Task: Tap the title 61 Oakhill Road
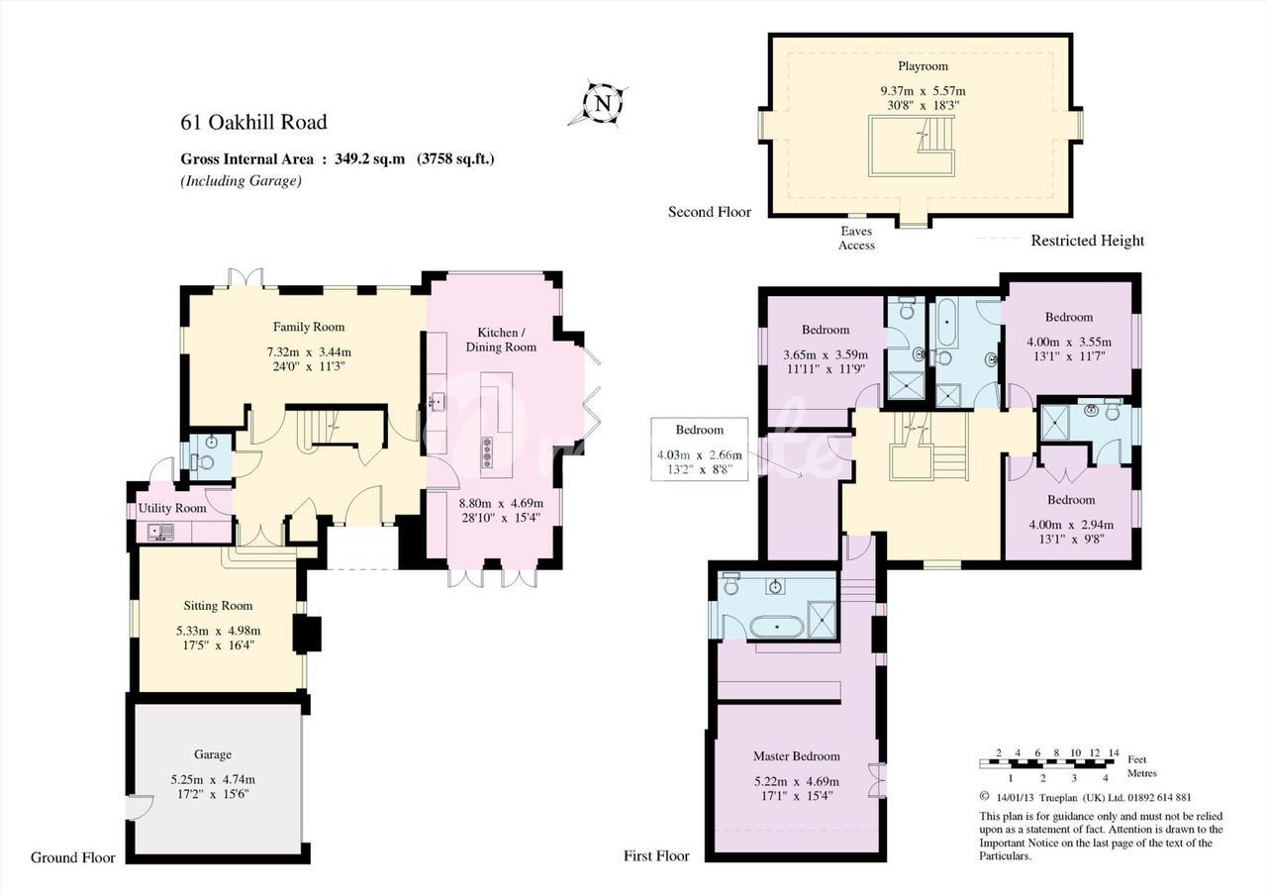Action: click(x=254, y=122)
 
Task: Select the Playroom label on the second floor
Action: click(x=924, y=66)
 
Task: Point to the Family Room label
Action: click(x=309, y=327)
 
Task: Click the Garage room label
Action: click(x=213, y=754)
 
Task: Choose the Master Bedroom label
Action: click(x=797, y=755)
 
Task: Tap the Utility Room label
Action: click(x=172, y=508)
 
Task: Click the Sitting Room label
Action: click(x=218, y=605)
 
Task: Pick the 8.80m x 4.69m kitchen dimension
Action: click(x=501, y=503)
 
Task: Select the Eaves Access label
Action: click(x=856, y=239)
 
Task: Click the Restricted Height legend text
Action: click(x=1087, y=241)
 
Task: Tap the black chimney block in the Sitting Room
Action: click(x=307, y=635)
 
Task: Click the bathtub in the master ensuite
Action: click(x=777, y=627)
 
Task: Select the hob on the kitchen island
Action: click(x=486, y=452)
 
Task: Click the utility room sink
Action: click(x=161, y=532)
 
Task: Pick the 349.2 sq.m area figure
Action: click(x=370, y=159)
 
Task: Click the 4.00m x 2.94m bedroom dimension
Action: click(x=1071, y=525)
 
